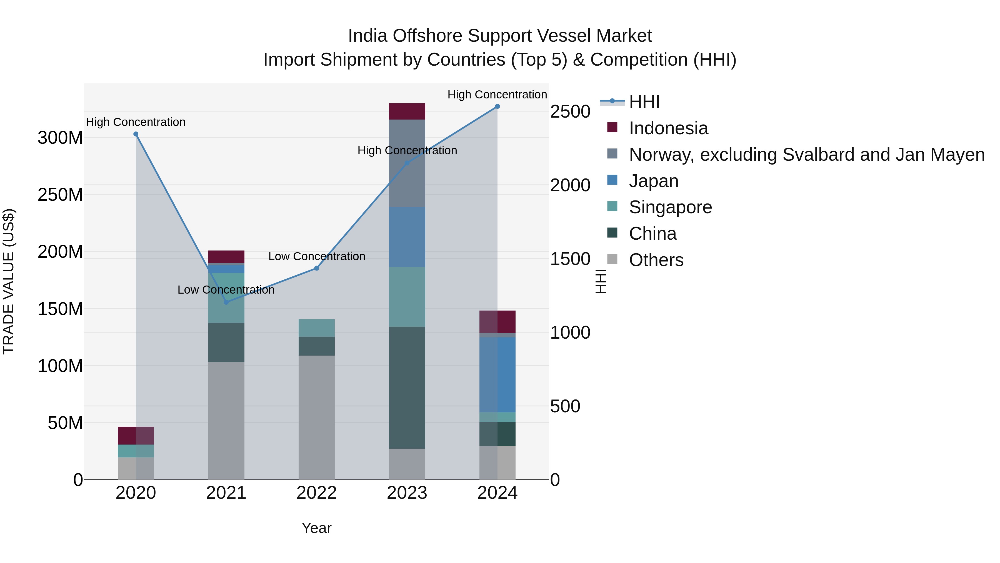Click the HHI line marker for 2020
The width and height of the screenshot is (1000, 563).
tap(136, 134)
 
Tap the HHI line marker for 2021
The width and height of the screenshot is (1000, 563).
tap(226, 302)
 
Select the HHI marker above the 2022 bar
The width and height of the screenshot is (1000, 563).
tap(316, 268)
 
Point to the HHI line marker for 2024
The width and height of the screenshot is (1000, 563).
tap(497, 106)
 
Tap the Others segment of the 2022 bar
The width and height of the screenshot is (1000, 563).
tap(316, 417)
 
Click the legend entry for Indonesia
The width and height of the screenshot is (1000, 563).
tap(668, 128)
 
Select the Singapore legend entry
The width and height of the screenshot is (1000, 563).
tap(670, 207)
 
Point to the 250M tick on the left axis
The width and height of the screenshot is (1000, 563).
tap(60, 195)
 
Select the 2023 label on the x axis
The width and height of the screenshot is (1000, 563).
tap(407, 493)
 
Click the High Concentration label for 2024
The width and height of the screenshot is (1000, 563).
tap(497, 95)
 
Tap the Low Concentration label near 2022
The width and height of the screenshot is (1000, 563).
tap(316, 256)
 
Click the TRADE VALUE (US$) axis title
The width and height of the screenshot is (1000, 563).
tap(9, 281)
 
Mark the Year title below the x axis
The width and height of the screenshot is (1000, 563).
tap(316, 528)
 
